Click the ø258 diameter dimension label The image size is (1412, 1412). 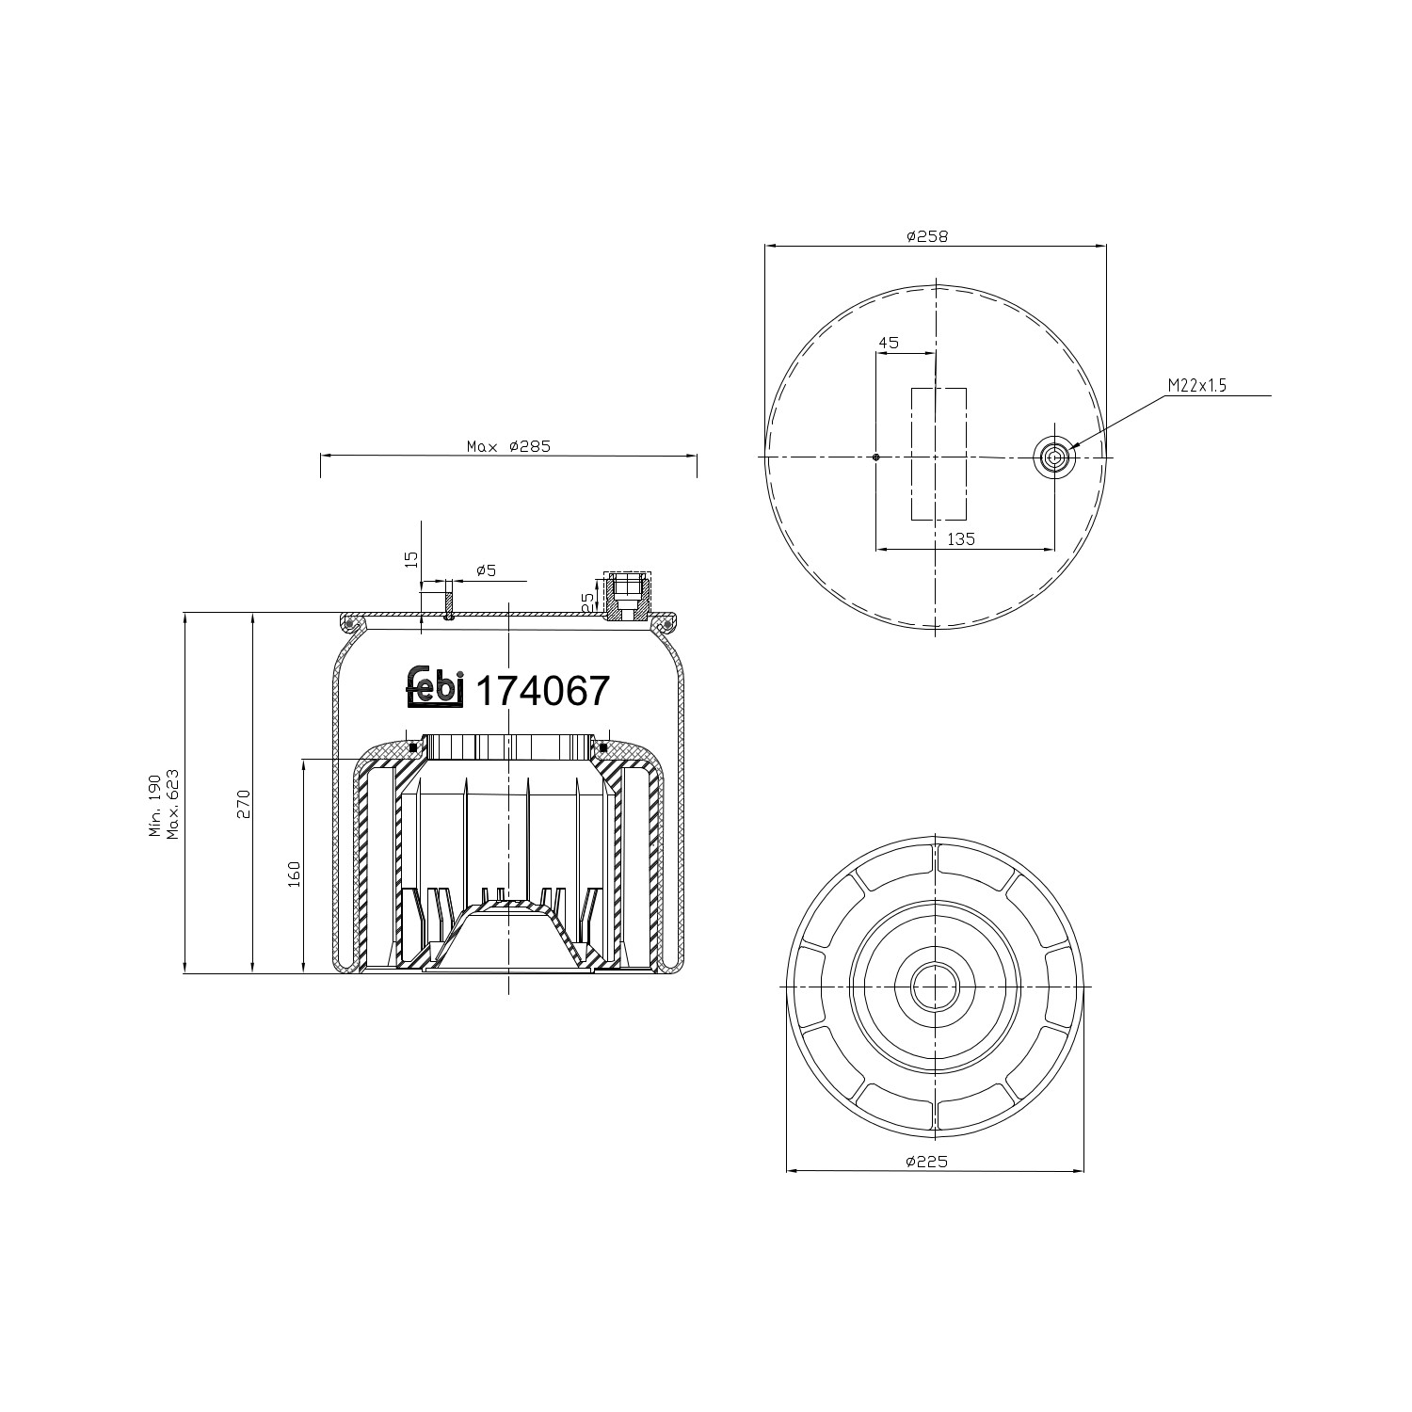[926, 237]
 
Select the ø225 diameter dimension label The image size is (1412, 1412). [926, 1162]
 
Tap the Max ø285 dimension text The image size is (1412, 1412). [508, 446]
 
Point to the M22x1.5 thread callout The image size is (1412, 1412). [1197, 386]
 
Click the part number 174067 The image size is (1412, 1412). [543, 692]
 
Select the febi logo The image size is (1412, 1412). [435, 687]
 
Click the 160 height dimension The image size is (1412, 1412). [294, 874]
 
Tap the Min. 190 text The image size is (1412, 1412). [154, 806]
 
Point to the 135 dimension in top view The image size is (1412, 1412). [960, 539]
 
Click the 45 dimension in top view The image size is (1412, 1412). [888, 343]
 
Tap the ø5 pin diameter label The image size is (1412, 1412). [486, 570]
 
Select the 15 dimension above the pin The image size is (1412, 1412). [410, 559]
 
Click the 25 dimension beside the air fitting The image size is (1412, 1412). [588, 602]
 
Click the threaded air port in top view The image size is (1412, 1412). [1053, 457]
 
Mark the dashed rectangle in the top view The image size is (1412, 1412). [938, 454]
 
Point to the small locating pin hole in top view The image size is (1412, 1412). [875, 457]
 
